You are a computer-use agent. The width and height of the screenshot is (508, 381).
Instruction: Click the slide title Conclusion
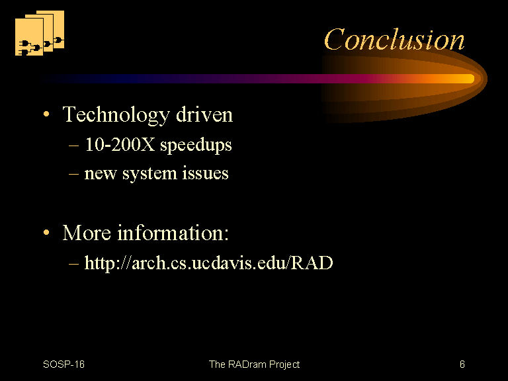pyautogui.click(x=394, y=40)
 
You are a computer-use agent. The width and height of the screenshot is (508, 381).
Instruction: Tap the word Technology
pyautogui.click(x=116, y=115)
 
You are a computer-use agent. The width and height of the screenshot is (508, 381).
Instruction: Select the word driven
pyautogui.click(x=204, y=114)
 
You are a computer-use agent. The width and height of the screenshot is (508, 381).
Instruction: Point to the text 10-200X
pyautogui.click(x=120, y=144)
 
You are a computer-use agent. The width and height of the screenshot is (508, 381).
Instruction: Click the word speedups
pyautogui.click(x=196, y=145)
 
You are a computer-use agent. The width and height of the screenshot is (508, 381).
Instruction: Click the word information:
pyautogui.click(x=173, y=233)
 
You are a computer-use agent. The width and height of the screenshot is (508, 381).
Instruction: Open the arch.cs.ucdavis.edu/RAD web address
pyautogui.click(x=208, y=263)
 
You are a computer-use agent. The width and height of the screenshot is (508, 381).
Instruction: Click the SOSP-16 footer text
pyautogui.click(x=63, y=364)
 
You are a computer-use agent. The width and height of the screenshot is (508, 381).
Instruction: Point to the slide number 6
pyautogui.click(x=462, y=364)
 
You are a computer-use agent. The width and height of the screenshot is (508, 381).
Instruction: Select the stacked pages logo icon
pyautogui.click(x=40, y=32)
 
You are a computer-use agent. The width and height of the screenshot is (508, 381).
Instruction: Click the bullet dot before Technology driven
pyautogui.click(x=46, y=114)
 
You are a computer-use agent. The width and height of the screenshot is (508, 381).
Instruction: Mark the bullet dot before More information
pyautogui.click(x=46, y=232)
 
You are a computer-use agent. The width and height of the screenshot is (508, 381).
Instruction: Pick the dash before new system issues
pyautogui.click(x=73, y=174)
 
